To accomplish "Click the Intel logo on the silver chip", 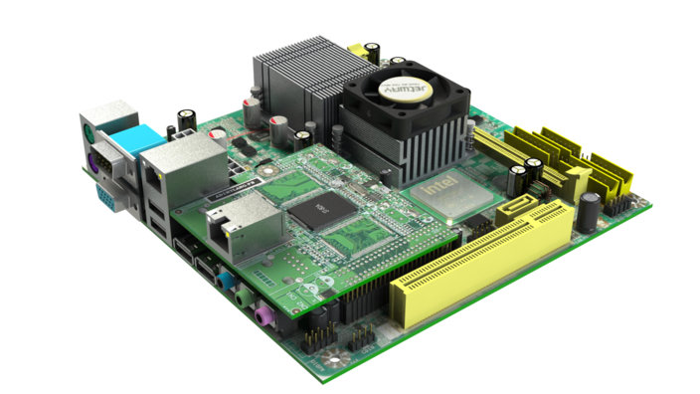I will pyautogui.click(x=441, y=187).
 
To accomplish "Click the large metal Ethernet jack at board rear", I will pyautogui.click(x=168, y=164).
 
